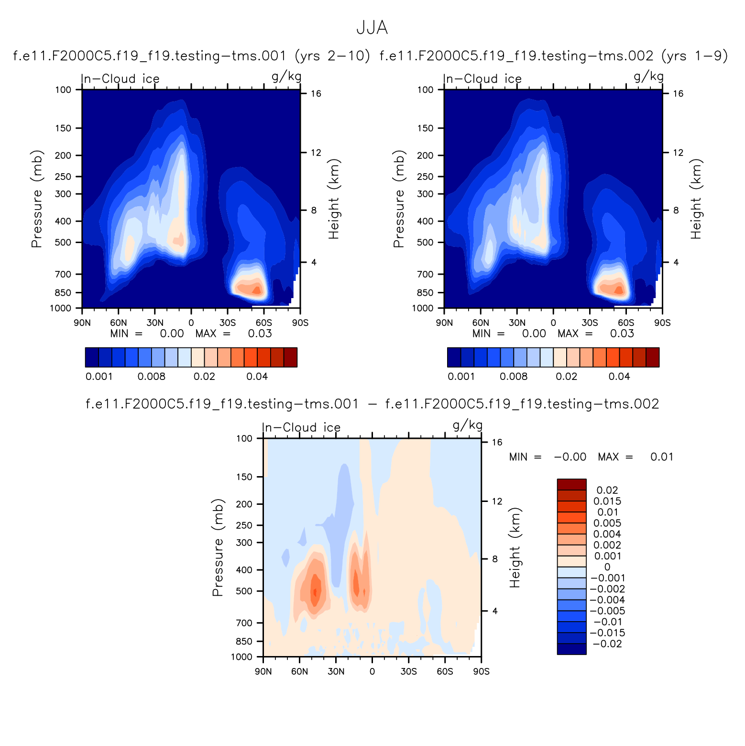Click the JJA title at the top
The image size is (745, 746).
click(372, 28)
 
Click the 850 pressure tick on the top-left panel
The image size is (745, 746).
click(64, 292)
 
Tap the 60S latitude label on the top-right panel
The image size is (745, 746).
click(626, 323)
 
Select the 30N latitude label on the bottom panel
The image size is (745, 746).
click(336, 671)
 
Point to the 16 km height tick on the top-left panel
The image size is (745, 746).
click(316, 93)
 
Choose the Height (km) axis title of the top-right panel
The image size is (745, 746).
click(696, 199)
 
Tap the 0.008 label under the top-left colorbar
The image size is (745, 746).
click(151, 377)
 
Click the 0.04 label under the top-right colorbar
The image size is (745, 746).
click(619, 377)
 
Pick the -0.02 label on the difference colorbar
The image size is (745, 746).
click(607, 644)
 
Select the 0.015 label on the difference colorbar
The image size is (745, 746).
click(607, 501)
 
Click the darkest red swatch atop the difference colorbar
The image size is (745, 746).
click(571, 484)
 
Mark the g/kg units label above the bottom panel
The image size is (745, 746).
click(467, 425)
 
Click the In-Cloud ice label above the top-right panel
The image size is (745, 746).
click(482, 78)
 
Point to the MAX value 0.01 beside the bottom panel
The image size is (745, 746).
click(662, 457)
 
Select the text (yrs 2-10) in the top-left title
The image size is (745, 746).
click(333, 56)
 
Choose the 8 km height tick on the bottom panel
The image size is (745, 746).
click(495, 559)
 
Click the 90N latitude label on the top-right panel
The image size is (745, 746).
click(444, 323)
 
